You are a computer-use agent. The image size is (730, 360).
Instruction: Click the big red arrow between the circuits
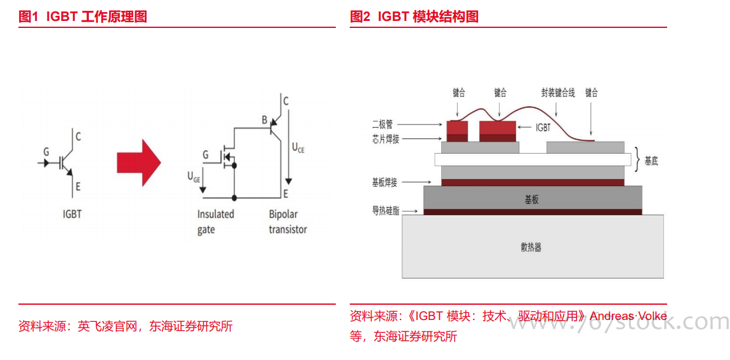point(138,163)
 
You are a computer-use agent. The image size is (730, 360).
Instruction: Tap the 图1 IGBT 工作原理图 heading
point(83,17)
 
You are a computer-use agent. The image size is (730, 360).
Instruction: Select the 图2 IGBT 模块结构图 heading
point(414,17)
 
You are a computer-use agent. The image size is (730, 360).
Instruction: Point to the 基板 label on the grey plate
point(531,199)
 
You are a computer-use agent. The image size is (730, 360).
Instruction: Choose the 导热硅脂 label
point(386,211)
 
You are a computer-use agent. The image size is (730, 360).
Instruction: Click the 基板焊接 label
point(385,183)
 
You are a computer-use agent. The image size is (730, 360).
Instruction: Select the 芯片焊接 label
point(385,139)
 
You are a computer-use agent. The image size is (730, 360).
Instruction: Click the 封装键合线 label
point(558,93)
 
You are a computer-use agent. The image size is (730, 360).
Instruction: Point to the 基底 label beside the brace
point(651,161)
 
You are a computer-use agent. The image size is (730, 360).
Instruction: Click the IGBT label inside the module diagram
point(543,128)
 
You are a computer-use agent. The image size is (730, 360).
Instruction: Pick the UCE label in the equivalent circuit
point(298,147)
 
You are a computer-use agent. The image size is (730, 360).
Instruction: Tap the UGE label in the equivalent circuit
point(194,177)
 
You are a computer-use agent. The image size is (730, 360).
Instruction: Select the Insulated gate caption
point(215,222)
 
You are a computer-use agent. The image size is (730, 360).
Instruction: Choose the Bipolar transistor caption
point(288,222)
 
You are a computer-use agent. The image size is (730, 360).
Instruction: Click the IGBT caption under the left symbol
point(72,214)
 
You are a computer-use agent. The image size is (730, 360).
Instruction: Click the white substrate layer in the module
point(533,159)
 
